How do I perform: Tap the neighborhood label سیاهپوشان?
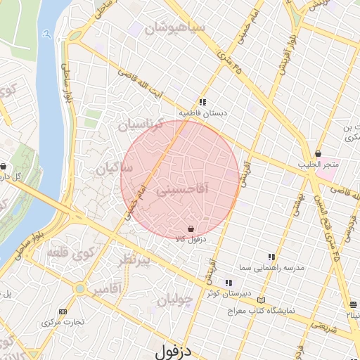[x=174, y=29]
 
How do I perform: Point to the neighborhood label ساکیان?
[x=115, y=169]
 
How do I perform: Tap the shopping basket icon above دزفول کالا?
[x=191, y=228]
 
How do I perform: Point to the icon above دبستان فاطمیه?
[x=202, y=101]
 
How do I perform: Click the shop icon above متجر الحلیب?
[x=319, y=153]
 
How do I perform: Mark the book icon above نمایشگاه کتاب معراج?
[x=262, y=299]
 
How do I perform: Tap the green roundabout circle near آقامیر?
[x=80, y=288]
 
